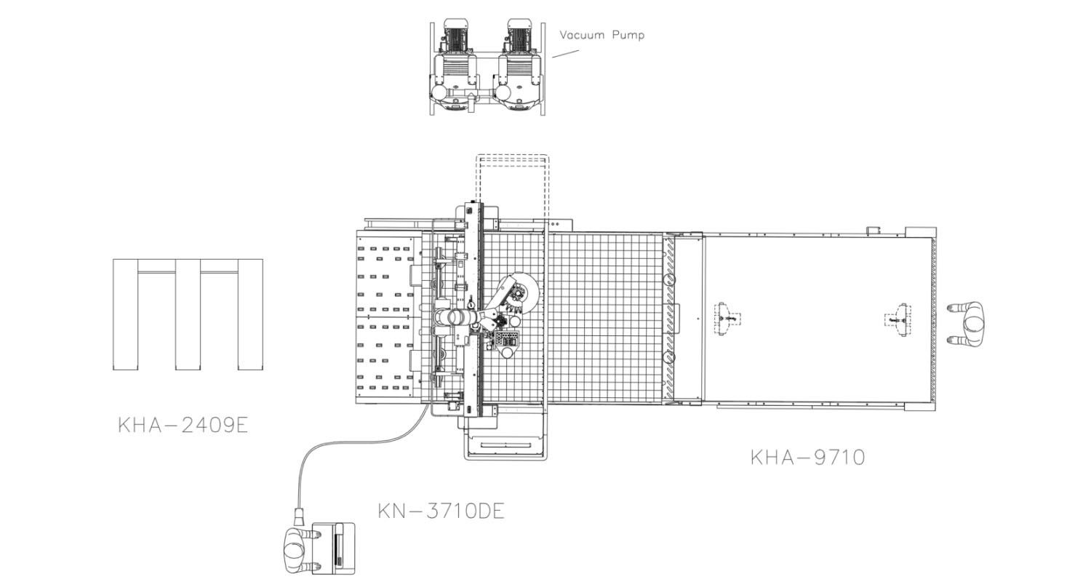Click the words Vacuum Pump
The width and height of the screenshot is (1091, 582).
coord(602,35)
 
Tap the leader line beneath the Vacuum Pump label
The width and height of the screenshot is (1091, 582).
coord(565,53)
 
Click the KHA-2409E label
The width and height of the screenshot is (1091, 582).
coord(183,425)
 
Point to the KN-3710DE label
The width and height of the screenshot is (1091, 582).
coord(441,511)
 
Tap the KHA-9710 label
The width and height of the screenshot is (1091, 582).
coord(807,458)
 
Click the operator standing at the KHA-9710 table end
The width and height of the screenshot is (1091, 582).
coord(967,324)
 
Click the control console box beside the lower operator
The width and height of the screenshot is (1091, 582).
coord(334,549)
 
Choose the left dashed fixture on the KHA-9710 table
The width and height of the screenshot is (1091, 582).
coord(727,319)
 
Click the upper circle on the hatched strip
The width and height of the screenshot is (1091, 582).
coord(669,278)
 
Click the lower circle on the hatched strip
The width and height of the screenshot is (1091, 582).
coord(669,357)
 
